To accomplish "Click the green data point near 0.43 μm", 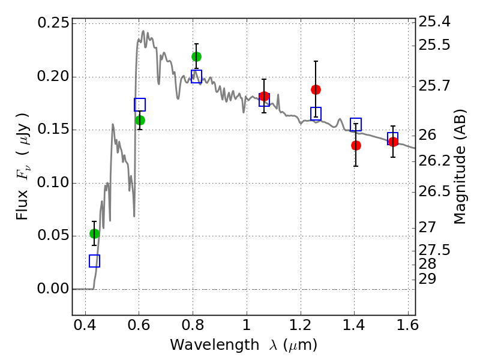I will point(94,233).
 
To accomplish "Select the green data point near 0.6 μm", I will point(140,120).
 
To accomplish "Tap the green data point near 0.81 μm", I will point(196,56).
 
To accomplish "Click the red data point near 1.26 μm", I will point(316,89).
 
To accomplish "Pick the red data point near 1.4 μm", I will point(356,145).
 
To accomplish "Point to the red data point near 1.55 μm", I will point(393,142).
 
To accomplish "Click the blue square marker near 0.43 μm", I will point(94,261).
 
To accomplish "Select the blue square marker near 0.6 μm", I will point(140,105).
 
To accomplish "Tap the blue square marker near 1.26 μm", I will point(316,113).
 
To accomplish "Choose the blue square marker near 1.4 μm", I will point(356,124).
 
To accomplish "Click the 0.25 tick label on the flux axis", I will point(52,23).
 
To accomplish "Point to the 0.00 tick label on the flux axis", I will point(52,289).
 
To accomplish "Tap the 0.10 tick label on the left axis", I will point(52,183).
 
